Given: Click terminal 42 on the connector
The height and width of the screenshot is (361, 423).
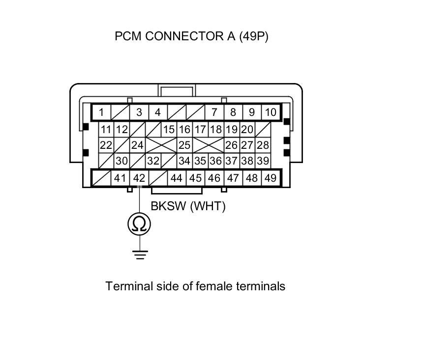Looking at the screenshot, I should click(x=139, y=178).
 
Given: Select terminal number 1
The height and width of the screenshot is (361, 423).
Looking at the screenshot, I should click(x=101, y=112).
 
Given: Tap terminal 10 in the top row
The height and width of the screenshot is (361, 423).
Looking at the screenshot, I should click(x=270, y=112).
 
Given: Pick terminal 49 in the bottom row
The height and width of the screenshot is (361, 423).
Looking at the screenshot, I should click(x=270, y=178).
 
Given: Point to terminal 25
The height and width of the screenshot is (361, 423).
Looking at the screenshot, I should click(x=184, y=145).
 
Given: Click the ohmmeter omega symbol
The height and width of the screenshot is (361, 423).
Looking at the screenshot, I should click(x=139, y=224).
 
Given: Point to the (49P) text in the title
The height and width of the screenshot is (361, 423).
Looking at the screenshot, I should click(x=254, y=36).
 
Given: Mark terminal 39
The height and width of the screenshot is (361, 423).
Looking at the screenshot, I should click(x=263, y=161).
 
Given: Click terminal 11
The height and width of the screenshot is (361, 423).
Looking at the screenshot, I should click(x=106, y=130).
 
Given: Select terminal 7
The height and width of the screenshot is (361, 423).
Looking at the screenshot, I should click(x=214, y=112).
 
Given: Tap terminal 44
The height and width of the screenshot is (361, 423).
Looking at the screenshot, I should click(x=177, y=178).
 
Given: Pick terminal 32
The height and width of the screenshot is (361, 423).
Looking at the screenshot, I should click(x=153, y=161).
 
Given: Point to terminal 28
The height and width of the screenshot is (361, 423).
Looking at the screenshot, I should click(x=263, y=145).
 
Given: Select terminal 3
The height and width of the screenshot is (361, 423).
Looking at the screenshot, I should click(x=139, y=112).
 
